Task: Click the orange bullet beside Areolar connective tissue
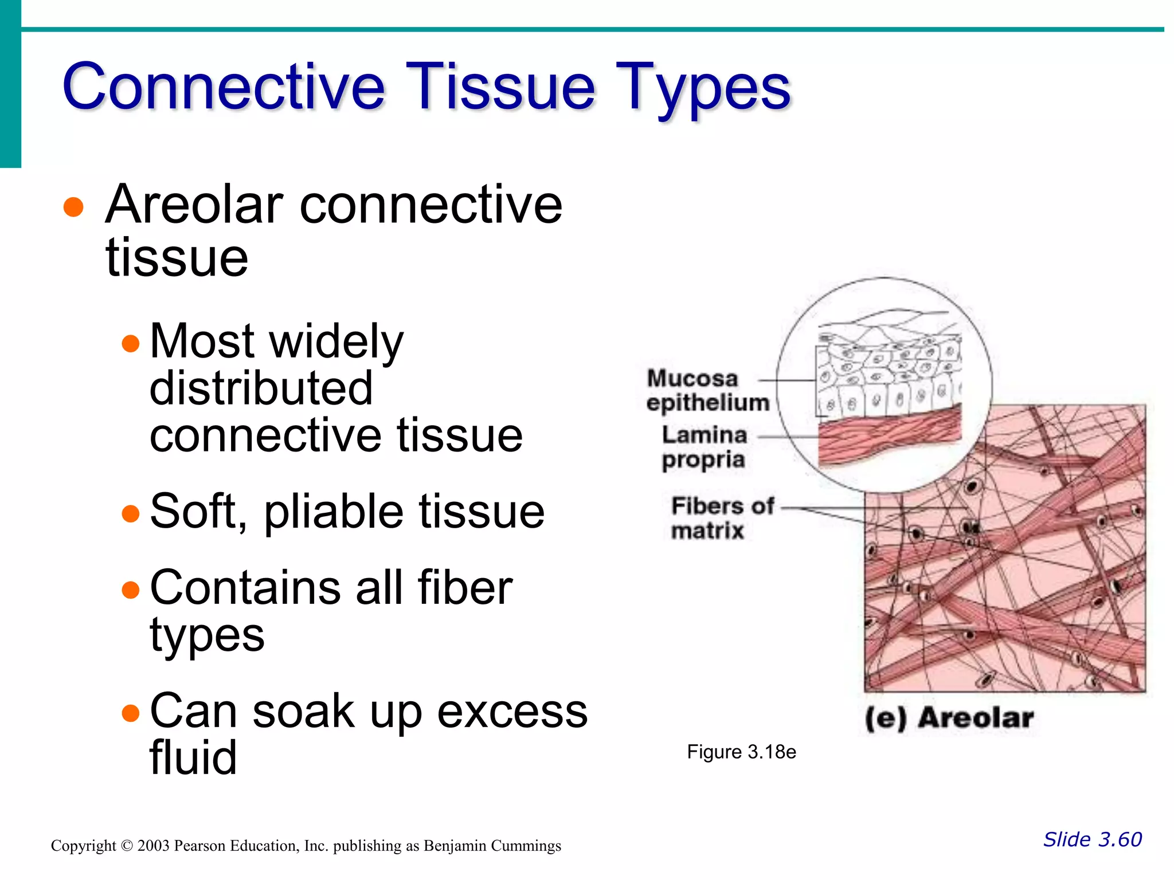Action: click(73, 207)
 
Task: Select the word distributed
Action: click(261, 388)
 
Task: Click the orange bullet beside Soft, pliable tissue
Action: click(131, 513)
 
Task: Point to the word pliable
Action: click(333, 512)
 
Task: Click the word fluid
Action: click(193, 757)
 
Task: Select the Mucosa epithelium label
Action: click(707, 391)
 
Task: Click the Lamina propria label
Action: click(704, 447)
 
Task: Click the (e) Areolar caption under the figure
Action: click(949, 718)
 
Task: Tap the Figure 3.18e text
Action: click(741, 752)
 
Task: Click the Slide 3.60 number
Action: click(1092, 839)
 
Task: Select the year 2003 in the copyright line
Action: click(153, 846)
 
